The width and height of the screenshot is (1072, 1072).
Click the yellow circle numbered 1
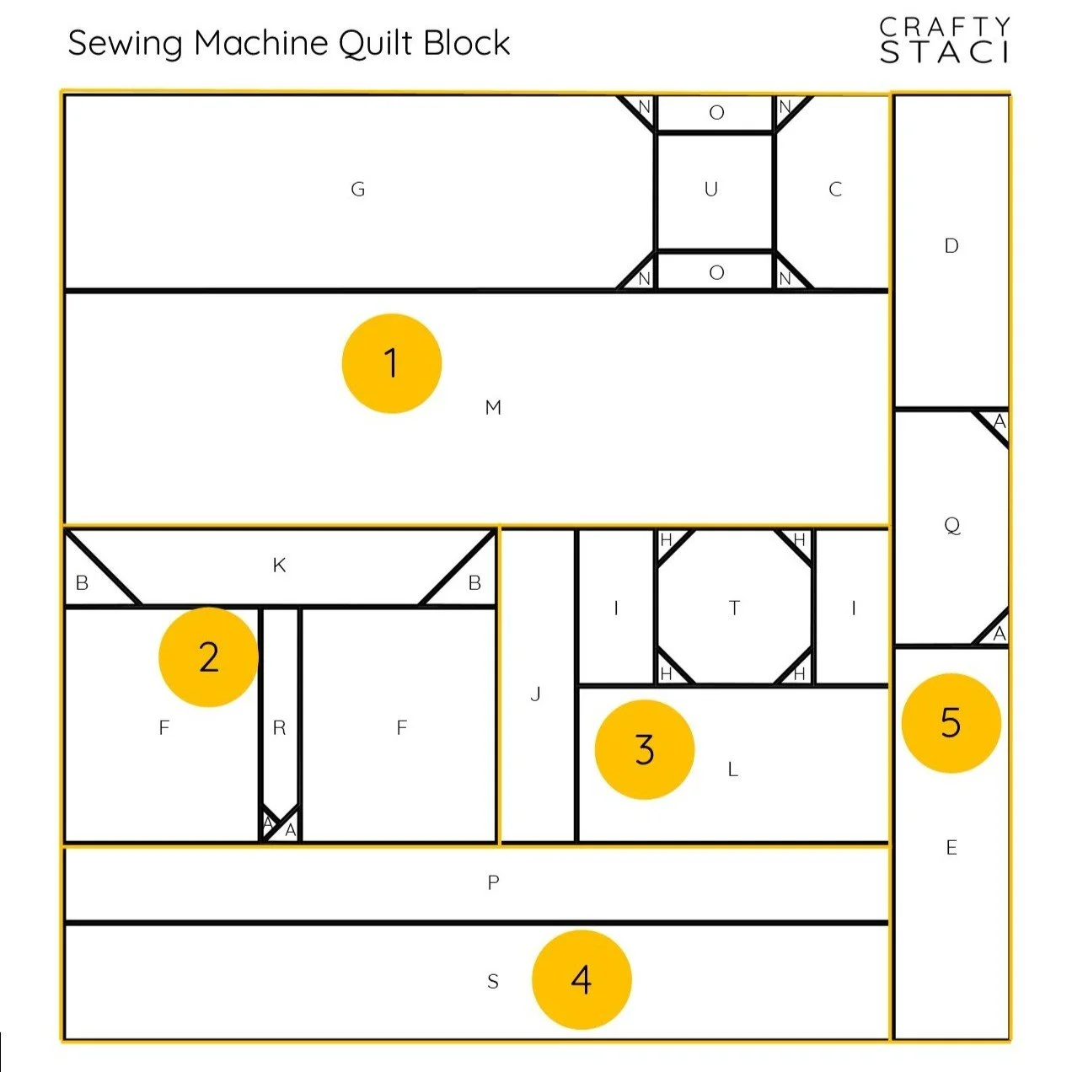[x=392, y=363]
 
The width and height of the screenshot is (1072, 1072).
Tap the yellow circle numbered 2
[x=208, y=657]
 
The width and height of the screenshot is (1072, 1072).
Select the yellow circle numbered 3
[x=645, y=749]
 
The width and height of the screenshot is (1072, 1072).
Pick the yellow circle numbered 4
[x=582, y=979]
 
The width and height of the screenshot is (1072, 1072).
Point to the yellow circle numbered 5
[x=951, y=722]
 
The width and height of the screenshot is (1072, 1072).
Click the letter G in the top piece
[x=358, y=190]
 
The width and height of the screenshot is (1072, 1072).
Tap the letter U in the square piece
[x=711, y=189]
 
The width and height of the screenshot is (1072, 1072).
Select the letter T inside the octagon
[x=734, y=608]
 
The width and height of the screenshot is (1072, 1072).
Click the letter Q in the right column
[x=951, y=526]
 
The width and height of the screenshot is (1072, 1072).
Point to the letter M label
[x=494, y=408]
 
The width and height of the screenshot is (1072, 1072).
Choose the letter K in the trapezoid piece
[x=280, y=565]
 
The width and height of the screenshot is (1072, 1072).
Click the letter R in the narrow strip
[x=280, y=728]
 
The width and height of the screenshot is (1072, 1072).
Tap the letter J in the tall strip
[x=536, y=694]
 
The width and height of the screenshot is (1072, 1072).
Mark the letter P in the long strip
[x=494, y=882]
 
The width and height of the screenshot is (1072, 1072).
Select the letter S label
[x=493, y=981]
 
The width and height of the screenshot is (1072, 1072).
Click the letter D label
[x=951, y=246]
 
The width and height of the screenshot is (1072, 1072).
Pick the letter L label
[x=733, y=769]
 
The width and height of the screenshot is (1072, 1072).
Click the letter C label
[x=835, y=190]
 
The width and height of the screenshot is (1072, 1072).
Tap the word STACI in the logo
[x=944, y=52]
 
